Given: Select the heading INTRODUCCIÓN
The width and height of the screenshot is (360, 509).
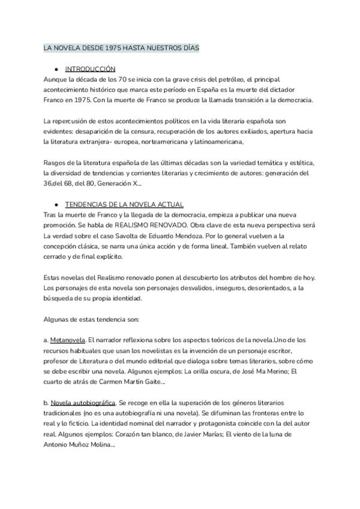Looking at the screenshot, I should pyautogui.click(x=90, y=69).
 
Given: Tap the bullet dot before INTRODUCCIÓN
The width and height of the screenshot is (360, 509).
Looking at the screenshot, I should pyautogui.click(x=55, y=69).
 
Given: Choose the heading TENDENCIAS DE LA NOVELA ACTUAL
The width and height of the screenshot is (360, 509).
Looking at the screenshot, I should pyautogui.click(x=124, y=205).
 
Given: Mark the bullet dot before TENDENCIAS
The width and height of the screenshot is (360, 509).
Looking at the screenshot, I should pyautogui.click(x=55, y=205).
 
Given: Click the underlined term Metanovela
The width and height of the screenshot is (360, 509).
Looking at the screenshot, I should pyautogui.click(x=69, y=339).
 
